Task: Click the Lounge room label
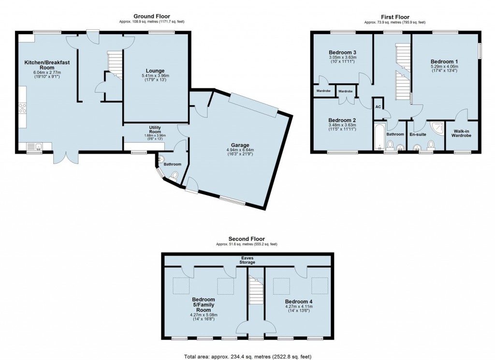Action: coord(155,71)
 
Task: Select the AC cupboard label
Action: coord(378,107)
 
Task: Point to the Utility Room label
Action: coord(155,130)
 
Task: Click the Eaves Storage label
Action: coord(247,260)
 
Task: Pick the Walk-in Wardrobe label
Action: coord(461,134)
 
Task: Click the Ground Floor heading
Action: coord(151,16)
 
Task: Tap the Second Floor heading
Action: coord(247,239)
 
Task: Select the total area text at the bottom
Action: coord(247,357)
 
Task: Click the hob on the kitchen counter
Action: coord(22,108)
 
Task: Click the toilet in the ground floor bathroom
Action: coord(174,176)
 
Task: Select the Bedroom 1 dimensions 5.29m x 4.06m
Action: coord(444,67)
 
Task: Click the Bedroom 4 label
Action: coord(299,301)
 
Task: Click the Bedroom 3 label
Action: coord(343,52)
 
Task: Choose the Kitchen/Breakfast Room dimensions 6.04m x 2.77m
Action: coord(47,73)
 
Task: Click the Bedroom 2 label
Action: coord(342,120)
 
